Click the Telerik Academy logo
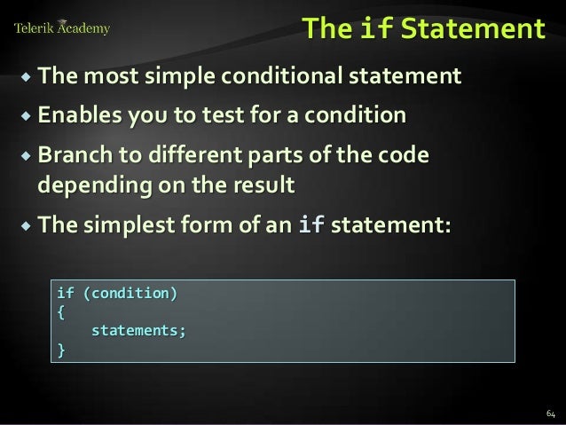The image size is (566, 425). coord(62,28)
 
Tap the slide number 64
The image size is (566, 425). coord(550,413)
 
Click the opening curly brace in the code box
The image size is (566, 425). coord(60,312)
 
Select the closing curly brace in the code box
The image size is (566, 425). coord(60,350)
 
